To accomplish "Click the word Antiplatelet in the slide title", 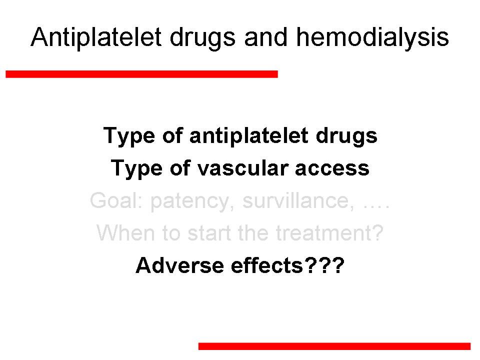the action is click(96, 37).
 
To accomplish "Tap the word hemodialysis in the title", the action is click(372, 37).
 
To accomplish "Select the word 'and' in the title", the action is click(266, 37).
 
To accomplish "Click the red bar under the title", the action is click(141, 74).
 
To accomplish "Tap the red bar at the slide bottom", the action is click(334, 346).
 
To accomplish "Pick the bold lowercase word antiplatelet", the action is click(249, 136).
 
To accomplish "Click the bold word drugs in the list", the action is click(346, 136).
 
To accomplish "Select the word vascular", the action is click(243, 168).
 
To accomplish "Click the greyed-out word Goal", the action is click(116, 201).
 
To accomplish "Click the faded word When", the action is click(125, 233).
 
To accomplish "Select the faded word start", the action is click(209, 233).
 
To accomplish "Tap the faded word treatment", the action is click(329, 233).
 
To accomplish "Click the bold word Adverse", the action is click(179, 265).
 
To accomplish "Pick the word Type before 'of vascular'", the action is click(136, 169).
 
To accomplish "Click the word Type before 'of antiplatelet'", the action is click(129, 136).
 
